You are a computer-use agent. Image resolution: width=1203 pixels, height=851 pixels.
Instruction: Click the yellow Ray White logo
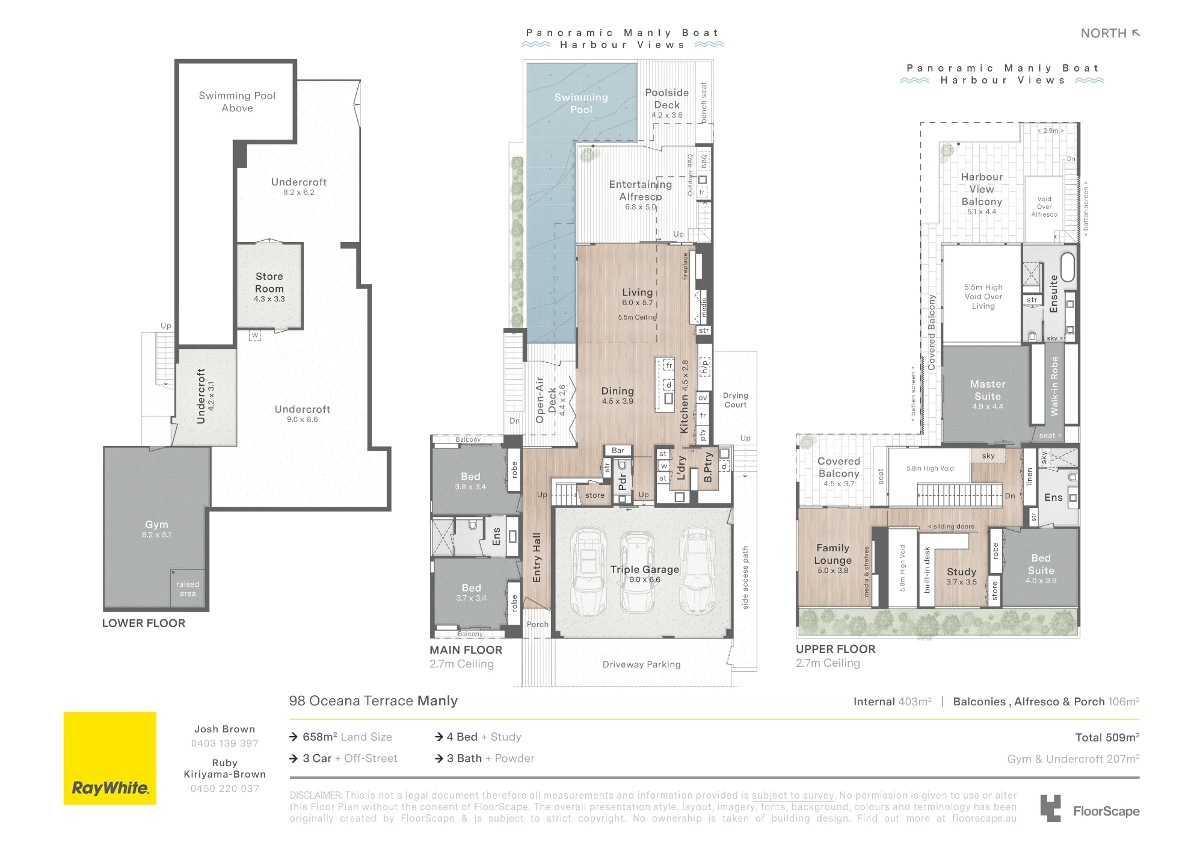(x=110, y=758)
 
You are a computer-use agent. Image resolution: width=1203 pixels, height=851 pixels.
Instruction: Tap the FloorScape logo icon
(x=1050, y=808)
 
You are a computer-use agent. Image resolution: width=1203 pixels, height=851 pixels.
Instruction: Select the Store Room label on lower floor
(x=269, y=282)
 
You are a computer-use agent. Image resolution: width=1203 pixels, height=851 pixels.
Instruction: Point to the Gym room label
(x=156, y=525)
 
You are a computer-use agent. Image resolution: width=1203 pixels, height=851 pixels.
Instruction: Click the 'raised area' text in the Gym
(x=188, y=589)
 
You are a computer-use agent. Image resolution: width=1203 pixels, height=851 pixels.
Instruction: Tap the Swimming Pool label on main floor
(x=581, y=104)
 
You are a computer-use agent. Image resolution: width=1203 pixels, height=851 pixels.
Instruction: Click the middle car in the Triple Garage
(x=637, y=571)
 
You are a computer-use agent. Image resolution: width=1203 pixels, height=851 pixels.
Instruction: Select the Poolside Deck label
(x=667, y=99)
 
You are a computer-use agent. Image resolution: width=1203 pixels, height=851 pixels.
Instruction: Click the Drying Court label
(x=736, y=400)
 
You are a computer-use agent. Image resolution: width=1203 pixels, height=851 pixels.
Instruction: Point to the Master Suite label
(x=988, y=390)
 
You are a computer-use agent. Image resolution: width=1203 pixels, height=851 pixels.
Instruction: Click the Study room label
(x=961, y=572)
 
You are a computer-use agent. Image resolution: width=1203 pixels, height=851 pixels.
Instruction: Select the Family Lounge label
(x=832, y=554)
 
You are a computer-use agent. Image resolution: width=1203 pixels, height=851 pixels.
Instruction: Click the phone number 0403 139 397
(x=224, y=743)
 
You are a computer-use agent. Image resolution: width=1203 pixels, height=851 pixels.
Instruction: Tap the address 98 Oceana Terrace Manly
(x=374, y=701)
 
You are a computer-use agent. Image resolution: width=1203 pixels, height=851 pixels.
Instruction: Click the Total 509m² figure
(x=1107, y=737)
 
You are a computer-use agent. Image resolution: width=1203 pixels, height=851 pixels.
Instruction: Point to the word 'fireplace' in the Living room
(x=685, y=266)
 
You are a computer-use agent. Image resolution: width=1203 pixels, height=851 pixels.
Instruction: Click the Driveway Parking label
(x=642, y=664)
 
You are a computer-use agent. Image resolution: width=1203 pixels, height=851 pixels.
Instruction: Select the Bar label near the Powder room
(x=618, y=450)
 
